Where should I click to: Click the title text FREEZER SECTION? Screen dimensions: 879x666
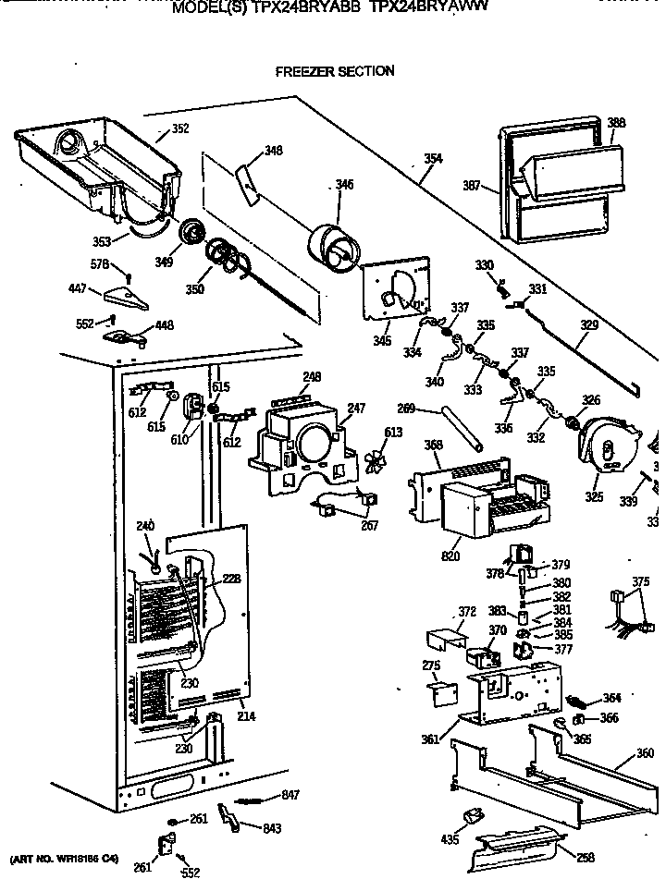coord(334,71)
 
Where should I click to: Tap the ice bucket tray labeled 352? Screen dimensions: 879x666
coord(97,166)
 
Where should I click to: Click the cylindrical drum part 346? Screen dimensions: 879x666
coord(332,248)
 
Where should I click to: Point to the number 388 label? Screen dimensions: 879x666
coord(616,123)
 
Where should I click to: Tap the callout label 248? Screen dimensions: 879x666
coord(312,376)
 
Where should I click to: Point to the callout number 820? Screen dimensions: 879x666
coord(451,556)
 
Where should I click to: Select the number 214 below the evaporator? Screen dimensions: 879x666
coord(246,716)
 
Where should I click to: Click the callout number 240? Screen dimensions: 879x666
coord(144,526)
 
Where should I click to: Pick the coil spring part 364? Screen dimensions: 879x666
coord(584,700)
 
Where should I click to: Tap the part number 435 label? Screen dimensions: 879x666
coord(450,838)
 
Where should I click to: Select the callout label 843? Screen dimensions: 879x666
coord(271,828)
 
